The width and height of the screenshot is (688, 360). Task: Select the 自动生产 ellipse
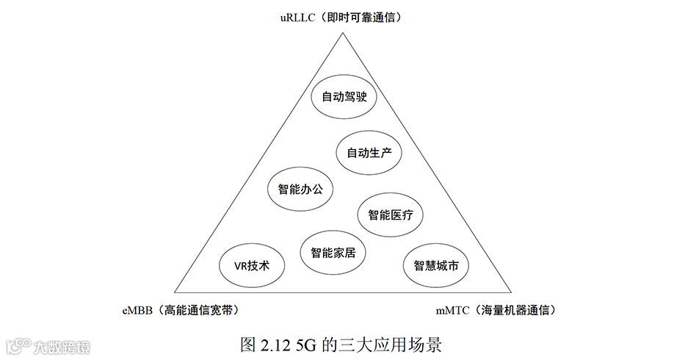[x=369, y=153]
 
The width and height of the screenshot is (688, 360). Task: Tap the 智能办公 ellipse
[x=300, y=189]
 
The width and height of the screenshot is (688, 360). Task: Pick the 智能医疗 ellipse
[x=390, y=215]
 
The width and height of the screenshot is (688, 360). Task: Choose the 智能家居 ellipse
[x=333, y=253]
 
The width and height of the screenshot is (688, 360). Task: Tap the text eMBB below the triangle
[x=137, y=311]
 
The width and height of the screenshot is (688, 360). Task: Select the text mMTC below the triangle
[x=452, y=311]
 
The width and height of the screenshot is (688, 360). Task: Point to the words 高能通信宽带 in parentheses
[x=201, y=311]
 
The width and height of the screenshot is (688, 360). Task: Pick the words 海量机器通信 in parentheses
[x=518, y=311]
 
